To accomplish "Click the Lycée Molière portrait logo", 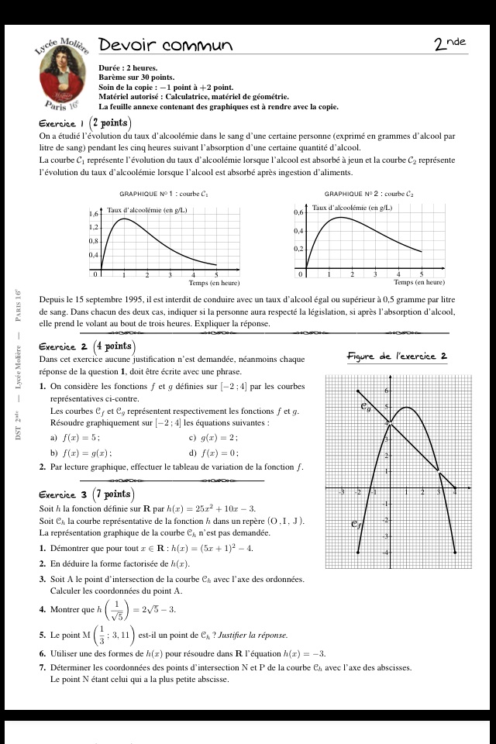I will tap(64, 75).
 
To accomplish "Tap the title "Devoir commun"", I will tap(166, 46).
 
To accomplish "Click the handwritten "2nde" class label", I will tap(450, 44).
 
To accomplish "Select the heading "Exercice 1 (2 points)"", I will tap(85, 123).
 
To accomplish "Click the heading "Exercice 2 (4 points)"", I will tap(88, 346).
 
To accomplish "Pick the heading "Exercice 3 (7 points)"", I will tap(88, 494).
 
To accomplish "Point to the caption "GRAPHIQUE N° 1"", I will tap(164, 194).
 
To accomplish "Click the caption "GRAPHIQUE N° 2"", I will tap(369, 194).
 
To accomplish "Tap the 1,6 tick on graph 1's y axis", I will tap(94, 213).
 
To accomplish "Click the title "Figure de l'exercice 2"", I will tap(397, 356).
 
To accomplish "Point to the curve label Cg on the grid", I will tap(366, 406).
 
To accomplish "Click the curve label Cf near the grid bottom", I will tap(356, 525).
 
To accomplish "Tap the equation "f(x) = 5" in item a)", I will tap(81, 437).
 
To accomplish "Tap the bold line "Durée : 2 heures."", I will tap(128, 68).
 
